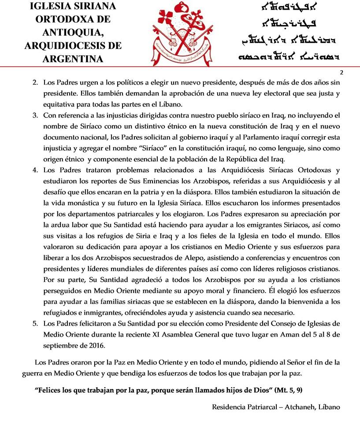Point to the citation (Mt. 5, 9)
pos(288,390)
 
